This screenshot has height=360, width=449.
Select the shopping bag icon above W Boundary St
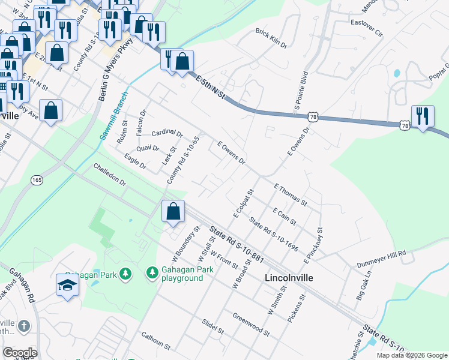click(173, 212)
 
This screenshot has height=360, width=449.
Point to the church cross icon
click(23, 326)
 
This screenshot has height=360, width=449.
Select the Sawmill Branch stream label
click(113, 116)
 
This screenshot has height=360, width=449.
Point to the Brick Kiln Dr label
click(271, 37)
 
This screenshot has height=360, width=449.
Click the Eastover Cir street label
click(366, 29)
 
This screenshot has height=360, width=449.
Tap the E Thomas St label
click(291, 194)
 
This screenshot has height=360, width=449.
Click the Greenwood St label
click(252, 322)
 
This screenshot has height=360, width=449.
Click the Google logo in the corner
click(20, 352)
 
